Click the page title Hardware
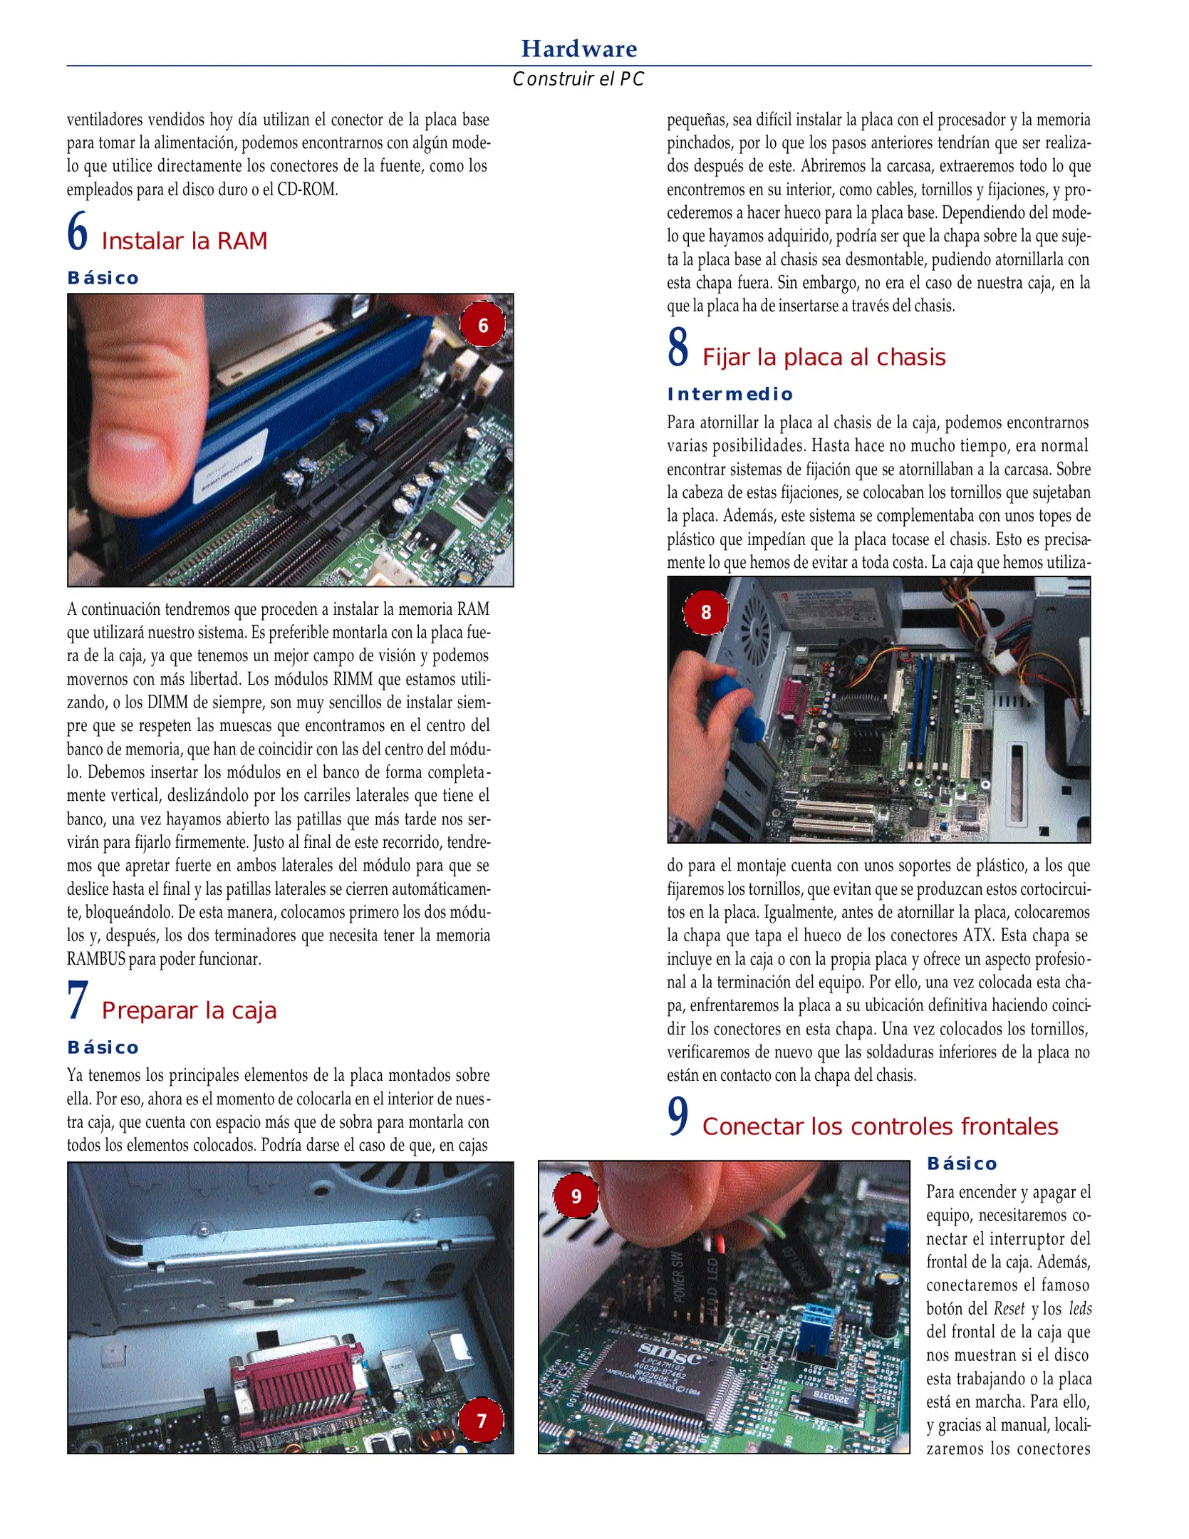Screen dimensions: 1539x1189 point(578,48)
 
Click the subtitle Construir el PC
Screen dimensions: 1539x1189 point(578,79)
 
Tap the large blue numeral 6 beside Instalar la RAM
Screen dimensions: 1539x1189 point(77,232)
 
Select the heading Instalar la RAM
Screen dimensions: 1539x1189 point(185,241)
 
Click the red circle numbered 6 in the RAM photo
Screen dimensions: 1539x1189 point(482,326)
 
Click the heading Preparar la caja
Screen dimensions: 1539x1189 point(189,1010)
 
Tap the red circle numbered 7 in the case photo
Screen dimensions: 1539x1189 point(481,1420)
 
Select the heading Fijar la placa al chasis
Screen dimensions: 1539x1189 point(824,357)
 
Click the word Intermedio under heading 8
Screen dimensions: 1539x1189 point(730,394)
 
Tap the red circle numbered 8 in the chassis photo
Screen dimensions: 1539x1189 point(705,612)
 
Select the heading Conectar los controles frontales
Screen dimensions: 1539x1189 point(880,1126)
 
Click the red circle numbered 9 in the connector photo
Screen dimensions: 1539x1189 point(576,1196)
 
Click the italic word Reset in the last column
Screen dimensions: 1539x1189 point(1009,1309)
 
